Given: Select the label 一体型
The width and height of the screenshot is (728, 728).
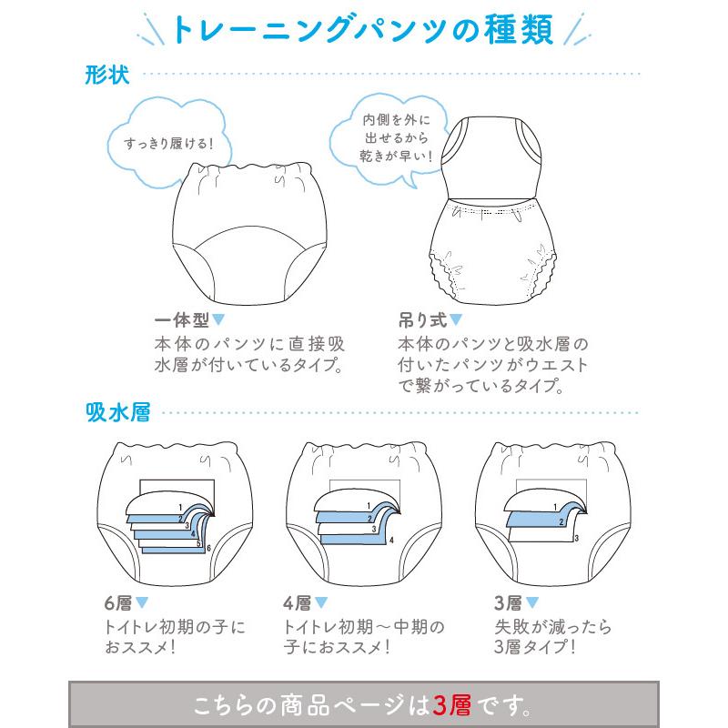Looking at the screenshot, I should (x=182, y=321).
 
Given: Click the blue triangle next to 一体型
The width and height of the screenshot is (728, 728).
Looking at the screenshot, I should (x=218, y=320).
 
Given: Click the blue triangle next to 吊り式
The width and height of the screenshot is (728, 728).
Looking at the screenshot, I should (x=456, y=320).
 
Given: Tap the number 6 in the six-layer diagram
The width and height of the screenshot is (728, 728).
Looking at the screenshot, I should (x=208, y=549).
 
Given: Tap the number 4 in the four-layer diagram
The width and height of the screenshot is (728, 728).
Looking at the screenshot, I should (x=390, y=540).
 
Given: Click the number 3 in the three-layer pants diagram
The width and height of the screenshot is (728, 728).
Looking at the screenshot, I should (x=575, y=539).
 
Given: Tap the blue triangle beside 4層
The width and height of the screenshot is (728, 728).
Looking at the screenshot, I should (x=321, y=603).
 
